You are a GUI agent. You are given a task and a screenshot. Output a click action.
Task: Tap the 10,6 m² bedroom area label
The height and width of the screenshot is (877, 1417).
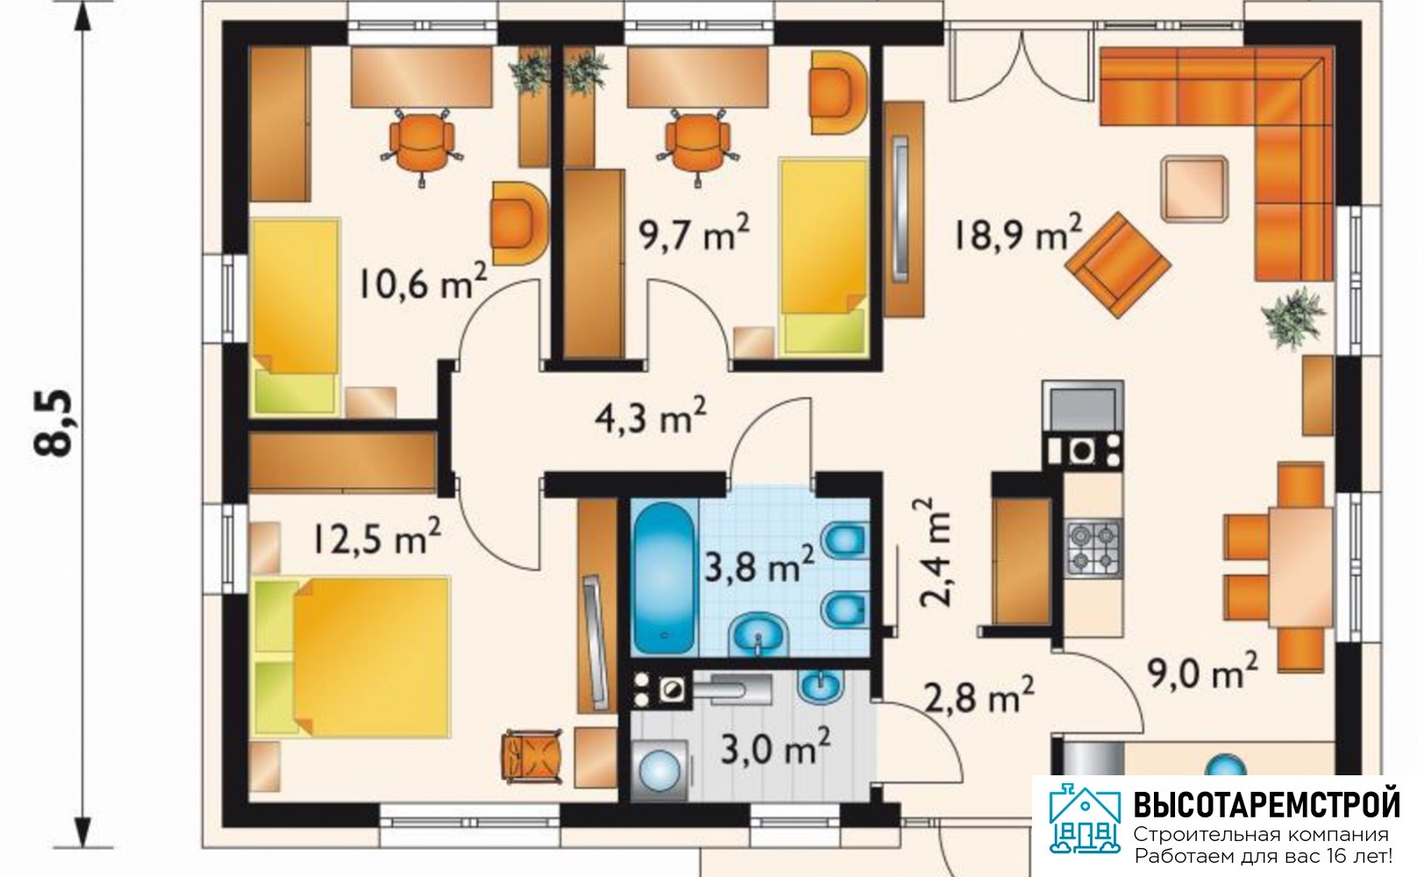point(424,283)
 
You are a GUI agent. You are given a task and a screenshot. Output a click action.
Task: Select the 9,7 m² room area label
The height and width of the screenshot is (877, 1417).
point(694,233)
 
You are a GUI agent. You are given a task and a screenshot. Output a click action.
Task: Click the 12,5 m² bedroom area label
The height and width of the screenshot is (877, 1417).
point(376,538)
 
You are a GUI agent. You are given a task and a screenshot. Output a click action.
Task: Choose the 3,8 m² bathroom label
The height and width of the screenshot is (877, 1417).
point(759,565)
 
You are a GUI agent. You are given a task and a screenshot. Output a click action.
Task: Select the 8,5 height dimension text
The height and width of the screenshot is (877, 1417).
point(54,423)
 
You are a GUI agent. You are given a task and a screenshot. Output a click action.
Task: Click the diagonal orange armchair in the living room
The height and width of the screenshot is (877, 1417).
point(1118,266)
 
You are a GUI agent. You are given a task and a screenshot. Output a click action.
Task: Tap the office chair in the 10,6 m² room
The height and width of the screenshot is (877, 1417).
point(422,145)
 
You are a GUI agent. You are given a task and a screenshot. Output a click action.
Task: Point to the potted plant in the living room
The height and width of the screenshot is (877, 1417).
point(1292,317)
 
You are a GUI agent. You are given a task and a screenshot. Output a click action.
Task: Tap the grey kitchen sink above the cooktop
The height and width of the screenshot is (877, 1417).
point(1082,405)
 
